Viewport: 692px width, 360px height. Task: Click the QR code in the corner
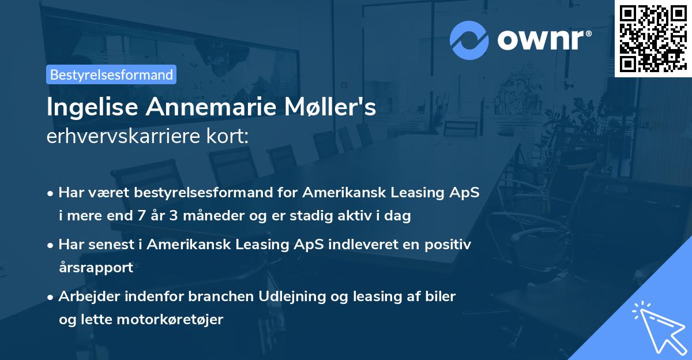653,39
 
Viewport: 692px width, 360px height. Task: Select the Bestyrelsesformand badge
111,74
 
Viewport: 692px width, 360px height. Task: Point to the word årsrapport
96,268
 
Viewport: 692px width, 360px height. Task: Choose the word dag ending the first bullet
398,216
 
